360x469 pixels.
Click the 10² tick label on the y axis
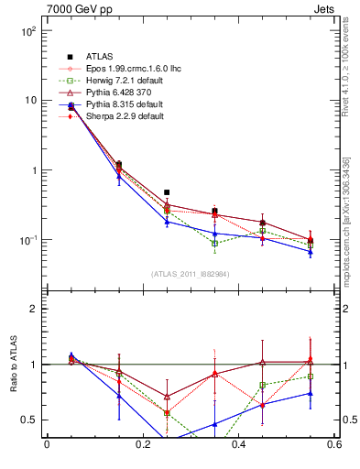click(x=27, y=31)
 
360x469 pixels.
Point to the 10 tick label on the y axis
click(x=29, y=101)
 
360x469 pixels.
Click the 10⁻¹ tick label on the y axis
click(x=27, y=240)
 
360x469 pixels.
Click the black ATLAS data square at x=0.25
click(x=167, y=192)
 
